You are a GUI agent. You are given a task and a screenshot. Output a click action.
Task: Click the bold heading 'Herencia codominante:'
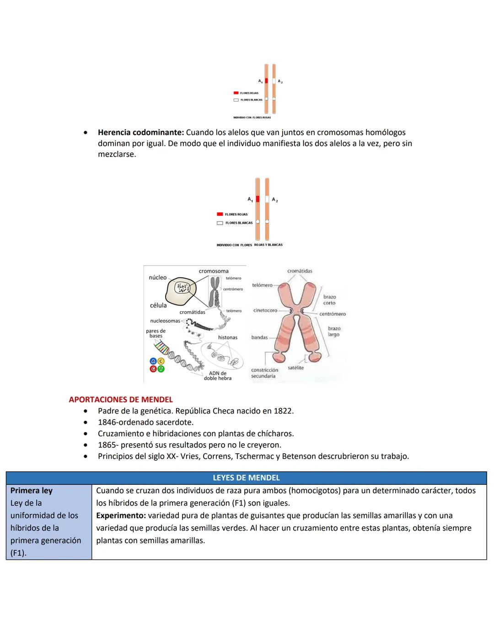(140, 133)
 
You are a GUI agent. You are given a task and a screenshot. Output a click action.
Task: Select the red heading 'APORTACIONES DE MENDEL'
(121, 399)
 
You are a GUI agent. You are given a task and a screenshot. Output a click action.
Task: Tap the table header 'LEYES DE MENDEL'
(246, 478)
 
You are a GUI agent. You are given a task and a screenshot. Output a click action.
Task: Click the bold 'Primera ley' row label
(31, 490)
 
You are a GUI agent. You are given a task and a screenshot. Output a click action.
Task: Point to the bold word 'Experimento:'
(121, 515)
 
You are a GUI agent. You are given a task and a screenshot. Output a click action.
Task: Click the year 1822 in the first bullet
(283, 411)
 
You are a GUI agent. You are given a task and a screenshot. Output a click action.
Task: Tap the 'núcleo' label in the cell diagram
(158, 278)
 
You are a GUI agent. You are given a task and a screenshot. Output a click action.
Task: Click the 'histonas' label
(227, 338)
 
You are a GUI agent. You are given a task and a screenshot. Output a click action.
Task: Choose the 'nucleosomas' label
(165, 321)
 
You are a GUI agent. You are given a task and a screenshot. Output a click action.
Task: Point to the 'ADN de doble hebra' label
(218, 376)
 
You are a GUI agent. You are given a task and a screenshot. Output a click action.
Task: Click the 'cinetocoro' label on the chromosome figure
(265, 311)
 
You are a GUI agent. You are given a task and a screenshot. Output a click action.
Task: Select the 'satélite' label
(296, 368)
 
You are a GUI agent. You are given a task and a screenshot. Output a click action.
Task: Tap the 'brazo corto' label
(329, 300)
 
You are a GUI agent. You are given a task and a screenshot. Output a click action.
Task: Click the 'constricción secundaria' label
(264, 373)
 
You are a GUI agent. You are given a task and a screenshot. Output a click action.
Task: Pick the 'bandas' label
(259, 338)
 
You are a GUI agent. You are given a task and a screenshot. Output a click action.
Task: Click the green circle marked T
(161, 369)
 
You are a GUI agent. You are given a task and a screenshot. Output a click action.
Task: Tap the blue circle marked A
(154, 361)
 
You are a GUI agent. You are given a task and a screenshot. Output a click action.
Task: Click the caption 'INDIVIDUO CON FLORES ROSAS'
(252, 118)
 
